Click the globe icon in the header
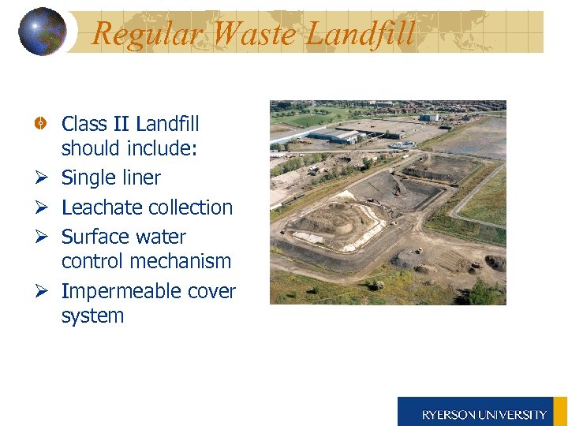pyautogui.click(x=42, y=32)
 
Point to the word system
pyautogui.click(x=92, y=316)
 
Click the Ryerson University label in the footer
pyautogui.click(x=484, y=414)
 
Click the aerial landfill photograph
pyautogui.click(x=387, y=202)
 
